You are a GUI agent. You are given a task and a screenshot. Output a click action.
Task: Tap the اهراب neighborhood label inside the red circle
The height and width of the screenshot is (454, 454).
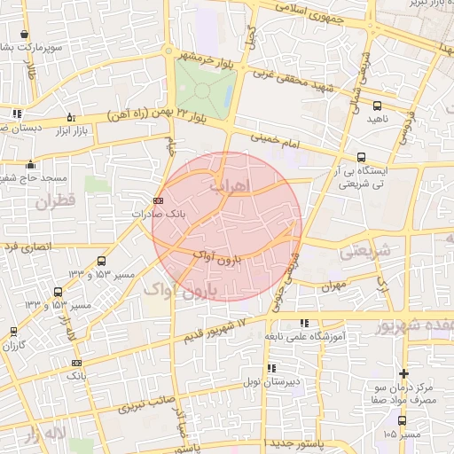(234, 185)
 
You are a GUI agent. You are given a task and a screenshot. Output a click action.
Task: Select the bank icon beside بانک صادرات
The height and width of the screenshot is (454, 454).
(158, 200)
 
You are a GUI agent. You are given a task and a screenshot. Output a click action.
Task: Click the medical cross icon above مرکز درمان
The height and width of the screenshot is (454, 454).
(404, 374)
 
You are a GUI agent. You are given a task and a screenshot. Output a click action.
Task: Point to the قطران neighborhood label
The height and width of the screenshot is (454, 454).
(58, 201)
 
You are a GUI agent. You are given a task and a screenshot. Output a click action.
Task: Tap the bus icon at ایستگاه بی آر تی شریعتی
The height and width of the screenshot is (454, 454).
(360, 157)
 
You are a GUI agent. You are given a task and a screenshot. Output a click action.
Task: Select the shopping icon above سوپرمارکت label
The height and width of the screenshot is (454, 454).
(23, 35)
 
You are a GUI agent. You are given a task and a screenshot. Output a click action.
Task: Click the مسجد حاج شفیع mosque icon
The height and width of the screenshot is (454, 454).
(31, 164)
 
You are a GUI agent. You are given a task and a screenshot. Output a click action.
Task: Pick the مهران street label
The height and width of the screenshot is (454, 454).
(333, 286)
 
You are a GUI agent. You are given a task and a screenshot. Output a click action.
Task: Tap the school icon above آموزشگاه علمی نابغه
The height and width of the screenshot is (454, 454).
(305, 324)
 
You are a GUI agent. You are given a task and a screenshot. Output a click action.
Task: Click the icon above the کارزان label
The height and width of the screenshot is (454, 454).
(12, 331)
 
